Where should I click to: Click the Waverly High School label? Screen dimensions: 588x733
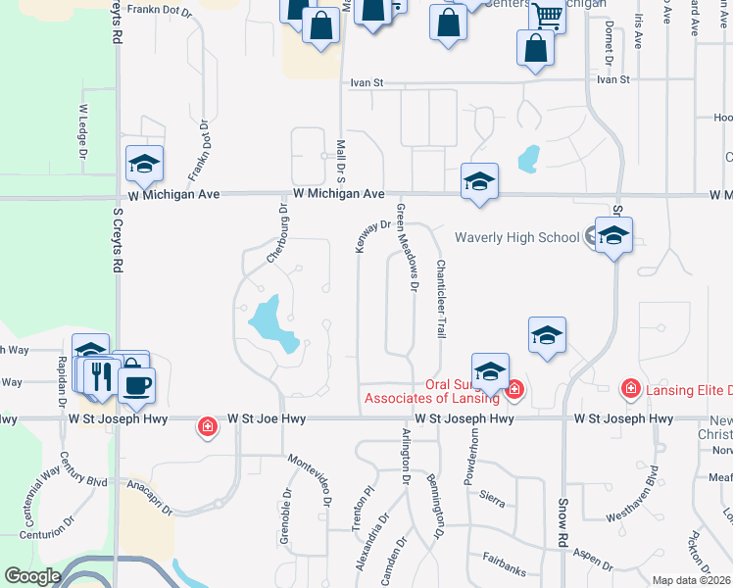(516, 237)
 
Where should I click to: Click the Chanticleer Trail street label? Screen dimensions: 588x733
(440, 300)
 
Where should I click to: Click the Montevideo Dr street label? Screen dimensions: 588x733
(309, 469)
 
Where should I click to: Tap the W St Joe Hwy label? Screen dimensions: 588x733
(267, 418)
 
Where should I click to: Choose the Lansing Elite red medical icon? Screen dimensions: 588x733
(632, 390)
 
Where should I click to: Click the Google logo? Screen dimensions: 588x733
(31, 576)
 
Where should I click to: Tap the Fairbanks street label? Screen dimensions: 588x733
(506, 557)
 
